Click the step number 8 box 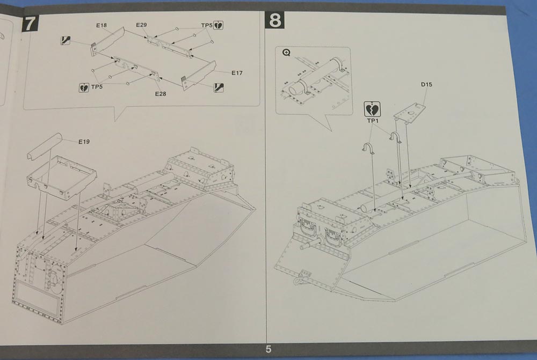click(275, 21)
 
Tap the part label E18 click(103, 25)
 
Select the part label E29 click(141, 25)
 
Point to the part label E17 click(237, 73)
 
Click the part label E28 click(161, 94)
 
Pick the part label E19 click(84, 142)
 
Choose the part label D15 click(427, 85)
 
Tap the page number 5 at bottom click(268, 349)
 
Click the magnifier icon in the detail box click(286, 53)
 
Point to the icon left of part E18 click(65, 40)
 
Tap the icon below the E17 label click(219, 87)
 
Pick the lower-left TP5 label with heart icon click(91, 86)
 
